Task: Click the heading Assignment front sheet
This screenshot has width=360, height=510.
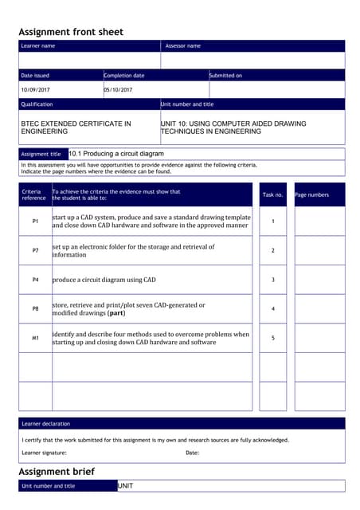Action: click(71, 32)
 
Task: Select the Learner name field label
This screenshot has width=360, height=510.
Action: click(37, 46)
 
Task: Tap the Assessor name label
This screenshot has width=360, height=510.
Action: click(182, 46)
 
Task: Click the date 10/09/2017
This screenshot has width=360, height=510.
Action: click(35, 90)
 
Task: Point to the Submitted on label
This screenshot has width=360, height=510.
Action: click(225, 75)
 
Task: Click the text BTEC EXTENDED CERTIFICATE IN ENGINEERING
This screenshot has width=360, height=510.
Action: click(76, 127)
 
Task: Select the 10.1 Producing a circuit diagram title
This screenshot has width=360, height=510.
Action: click(116, 154)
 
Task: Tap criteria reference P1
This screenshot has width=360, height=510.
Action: click(35, 221)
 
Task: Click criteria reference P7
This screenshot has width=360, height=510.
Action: click(35, 250)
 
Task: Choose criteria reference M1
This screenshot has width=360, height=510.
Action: click(35, 338)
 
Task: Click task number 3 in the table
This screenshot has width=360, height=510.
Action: click(272, 280)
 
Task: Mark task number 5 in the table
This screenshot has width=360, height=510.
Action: click(272, 338)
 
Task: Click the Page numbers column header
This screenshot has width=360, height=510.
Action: click(311, 194)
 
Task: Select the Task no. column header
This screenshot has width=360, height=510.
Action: click(272, 194)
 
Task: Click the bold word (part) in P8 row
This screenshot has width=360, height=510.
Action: click(115, 313)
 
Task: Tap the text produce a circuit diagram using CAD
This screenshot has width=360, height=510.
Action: click(104, 280)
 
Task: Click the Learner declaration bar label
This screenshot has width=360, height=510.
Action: click(45, 424)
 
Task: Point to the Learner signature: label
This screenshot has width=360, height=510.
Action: click(45, 453)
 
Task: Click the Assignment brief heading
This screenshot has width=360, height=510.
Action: click(56, 472)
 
